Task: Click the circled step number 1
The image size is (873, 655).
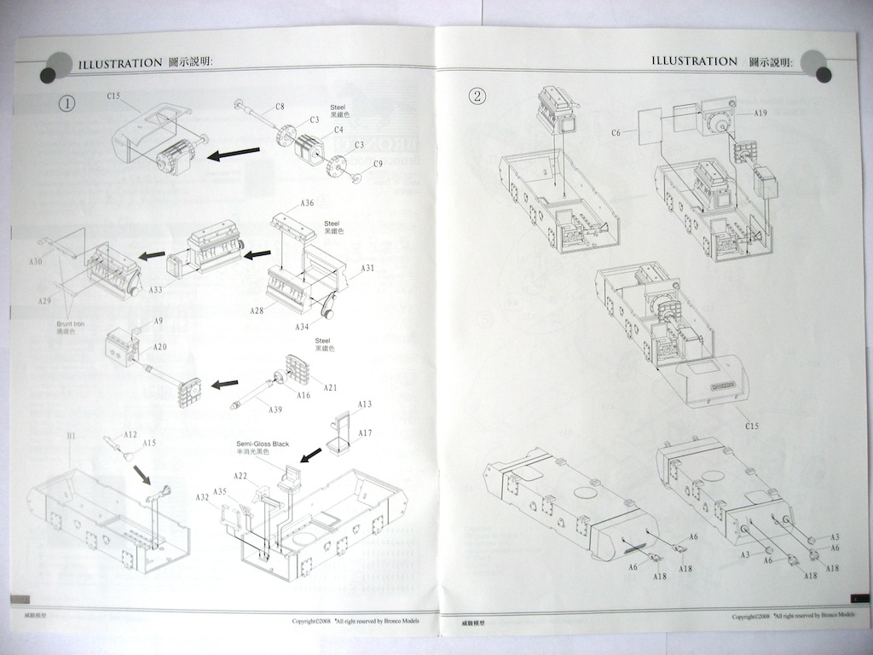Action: tap(66, 103)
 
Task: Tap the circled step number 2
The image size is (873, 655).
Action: tap(478, 95)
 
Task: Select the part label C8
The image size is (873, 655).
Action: tap(280, 107)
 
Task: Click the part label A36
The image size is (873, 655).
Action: tap(308, 203)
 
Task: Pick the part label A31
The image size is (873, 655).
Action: tap(367, 268)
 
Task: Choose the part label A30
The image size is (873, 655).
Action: tap(35, 262)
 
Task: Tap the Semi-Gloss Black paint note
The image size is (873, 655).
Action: tap(263, 443)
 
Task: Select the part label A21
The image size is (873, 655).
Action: tap(330, 388)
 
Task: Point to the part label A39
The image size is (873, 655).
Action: tap(275, 410)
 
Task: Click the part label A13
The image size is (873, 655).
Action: tap(365, 403)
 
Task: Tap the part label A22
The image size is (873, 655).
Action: tap(240, 475)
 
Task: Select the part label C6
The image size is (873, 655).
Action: tap(616, 132)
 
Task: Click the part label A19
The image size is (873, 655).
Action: tap(761, 113)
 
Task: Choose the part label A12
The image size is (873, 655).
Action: tap(130, 434)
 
